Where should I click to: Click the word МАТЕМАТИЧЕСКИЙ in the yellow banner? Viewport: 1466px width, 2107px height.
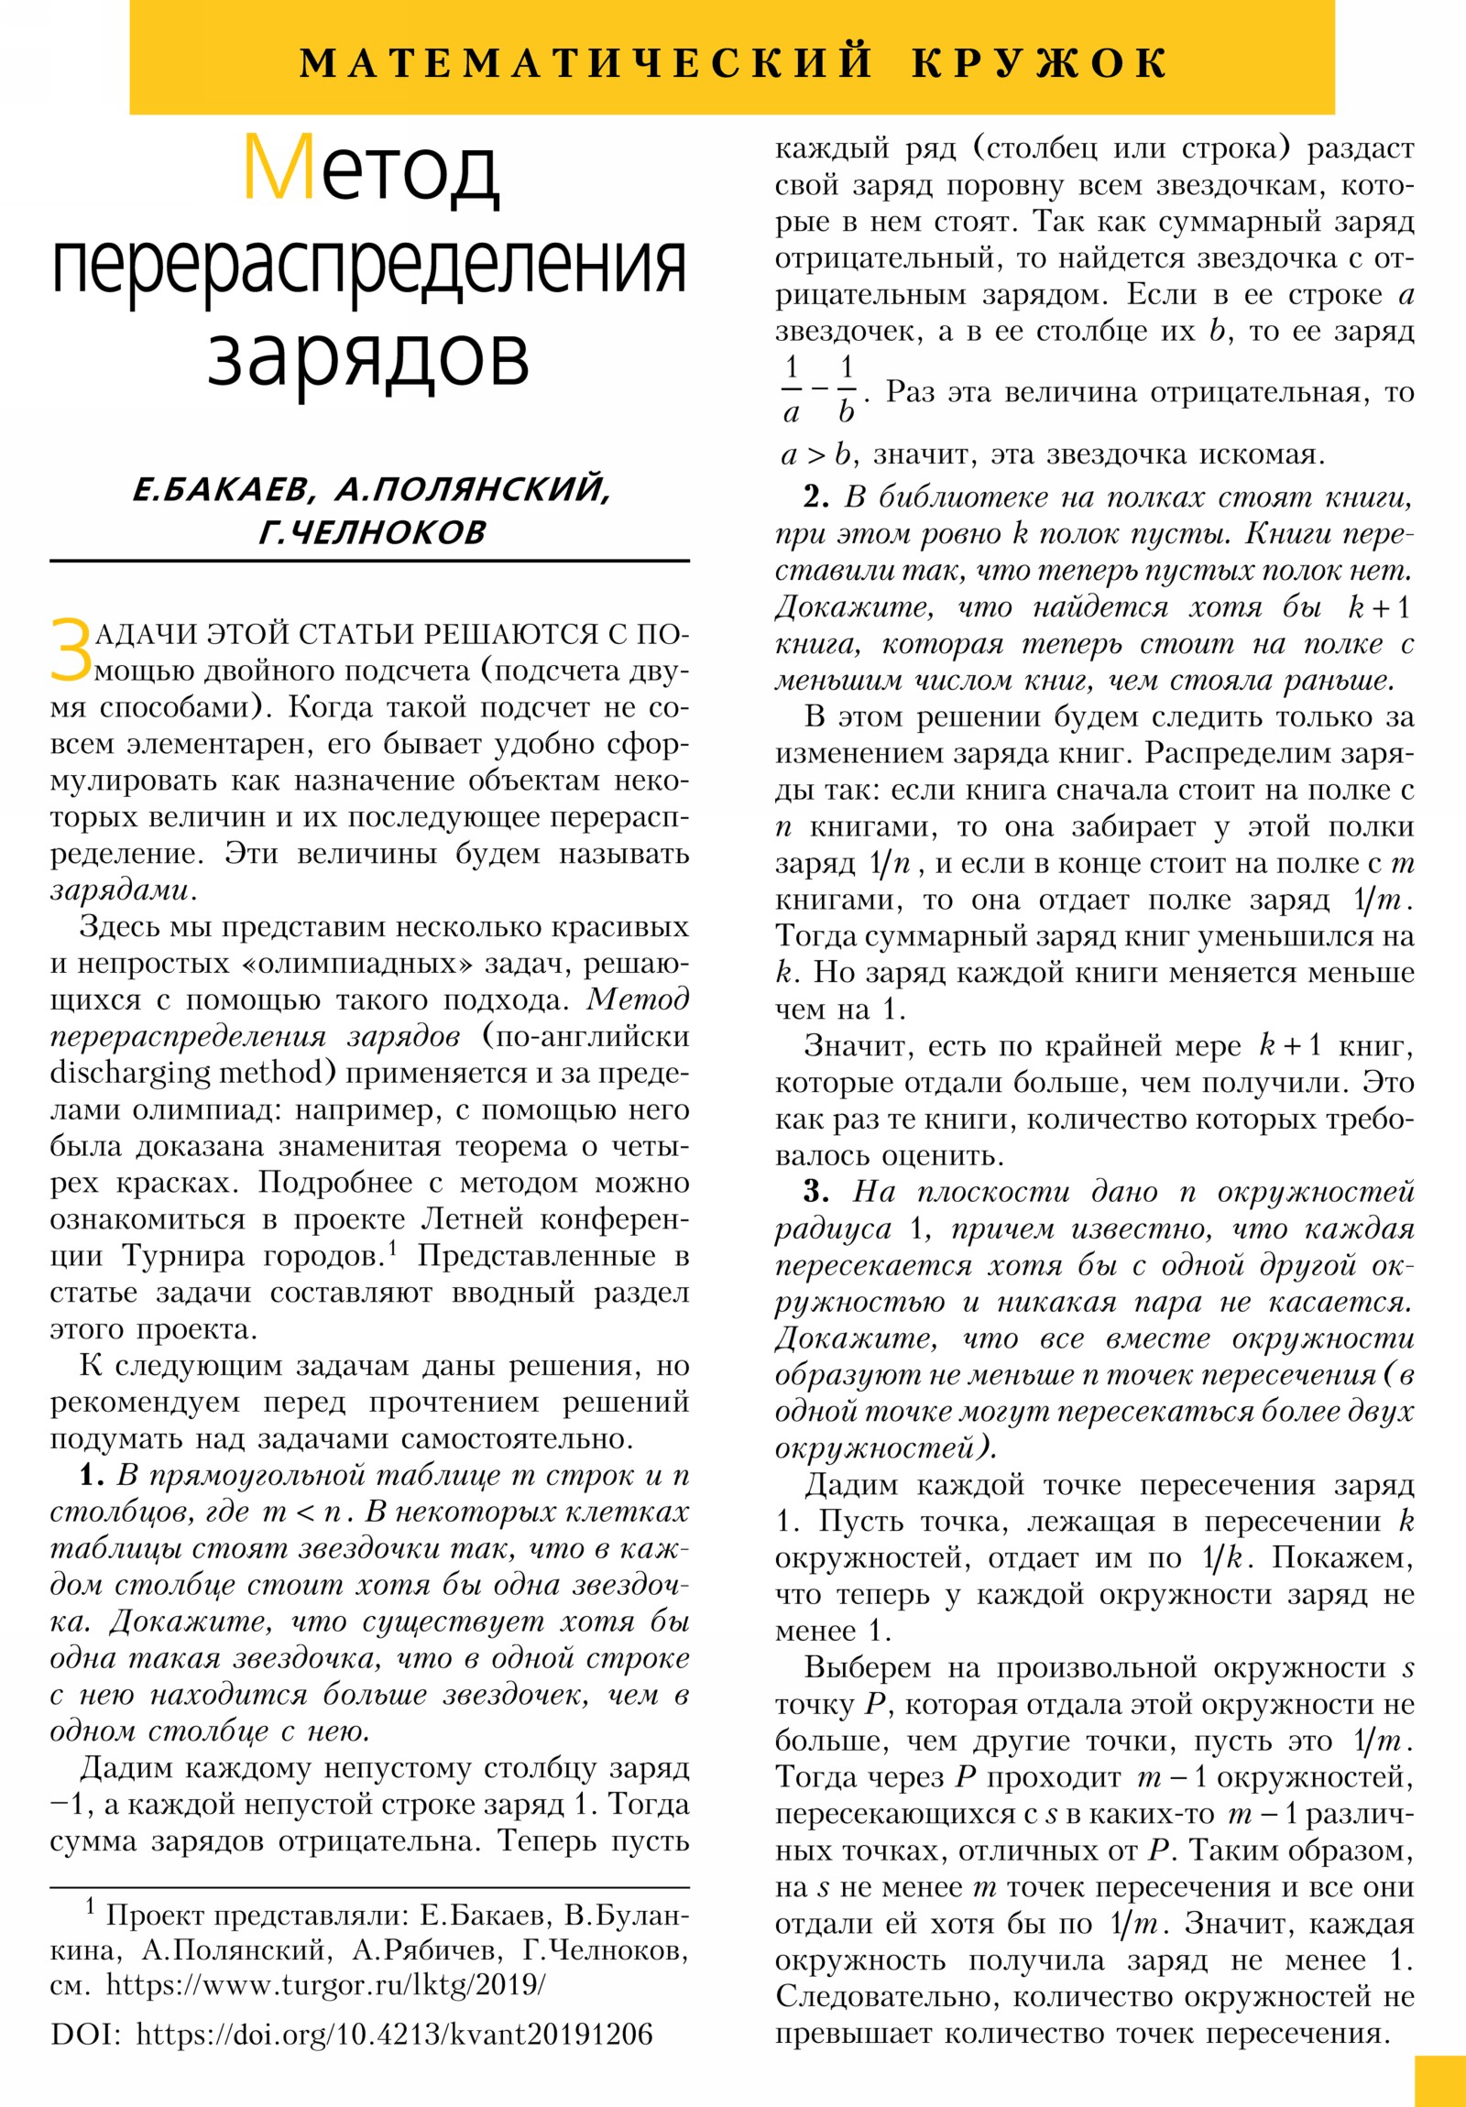587,62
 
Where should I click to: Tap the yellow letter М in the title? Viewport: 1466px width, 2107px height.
279,169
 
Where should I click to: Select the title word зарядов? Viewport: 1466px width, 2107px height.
368,354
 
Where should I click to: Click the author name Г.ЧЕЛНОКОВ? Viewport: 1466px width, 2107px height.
372,532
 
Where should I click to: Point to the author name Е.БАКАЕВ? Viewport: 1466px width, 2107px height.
223,490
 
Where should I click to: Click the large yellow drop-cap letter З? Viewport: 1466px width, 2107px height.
71,650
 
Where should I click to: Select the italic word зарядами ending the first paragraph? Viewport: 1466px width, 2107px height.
121,890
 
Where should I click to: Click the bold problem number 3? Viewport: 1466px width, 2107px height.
816,1192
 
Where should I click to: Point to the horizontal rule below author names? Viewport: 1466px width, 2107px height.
369,561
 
